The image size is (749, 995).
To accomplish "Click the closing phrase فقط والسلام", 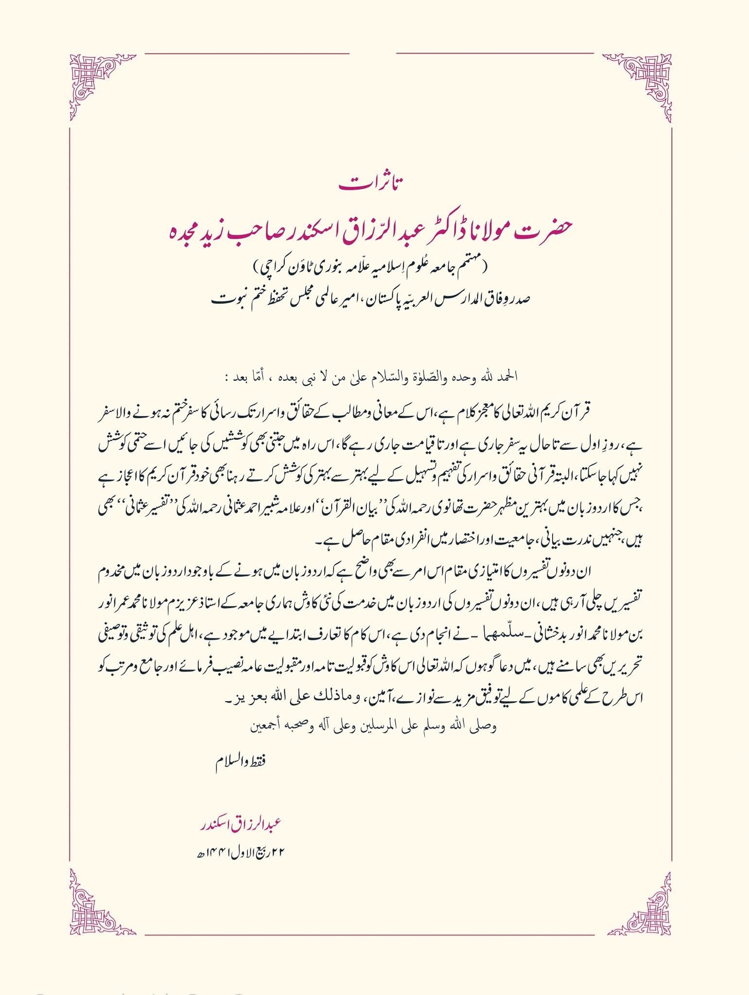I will pos(241,761).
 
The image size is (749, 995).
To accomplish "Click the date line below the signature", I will pos(238,852).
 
